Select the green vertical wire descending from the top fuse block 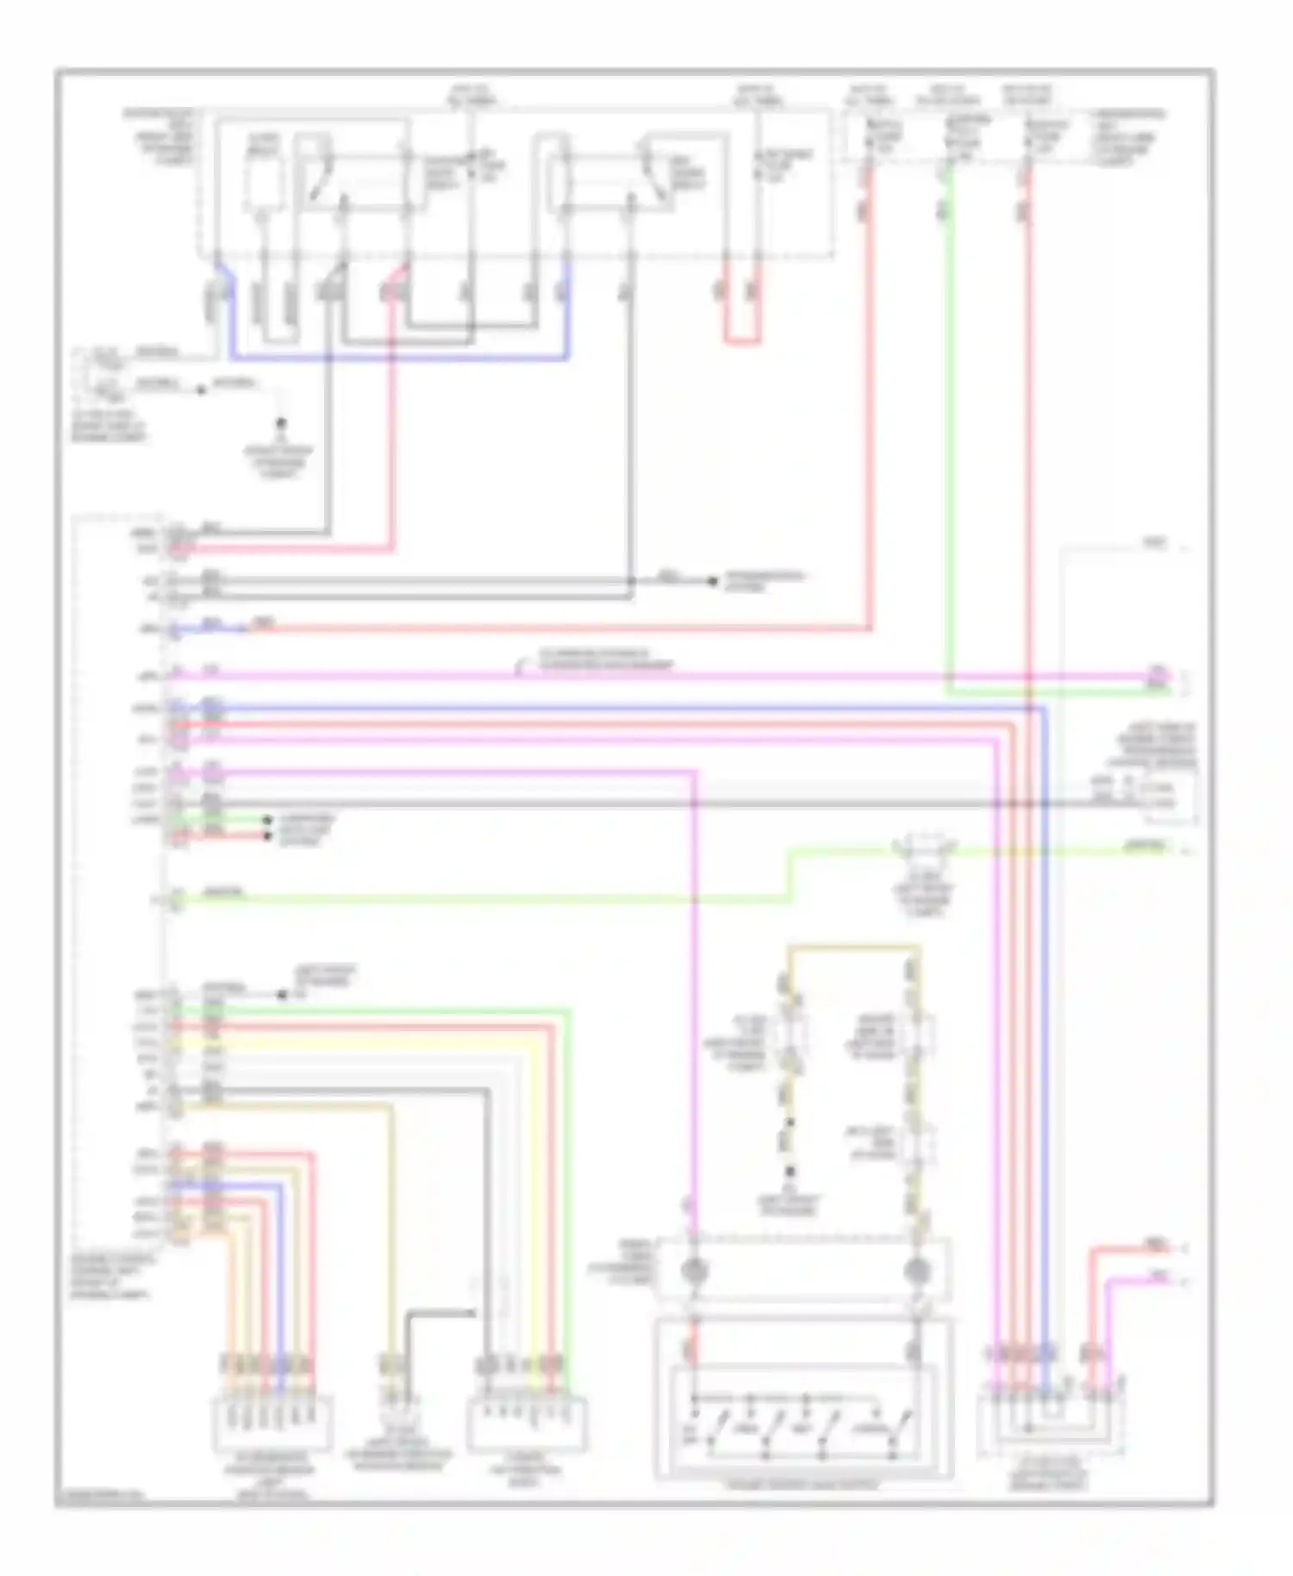(947, 431)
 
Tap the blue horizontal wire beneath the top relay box (397, 356)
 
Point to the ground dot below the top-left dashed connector (280, 423)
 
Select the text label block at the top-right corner (1127, 138)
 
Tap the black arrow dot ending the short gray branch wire (713, 581)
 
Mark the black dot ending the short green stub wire (267, 820)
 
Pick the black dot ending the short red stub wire (267, 835)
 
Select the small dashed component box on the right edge (1168, 795)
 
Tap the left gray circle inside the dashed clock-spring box (694, 1270)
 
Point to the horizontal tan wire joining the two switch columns (853, 948)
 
